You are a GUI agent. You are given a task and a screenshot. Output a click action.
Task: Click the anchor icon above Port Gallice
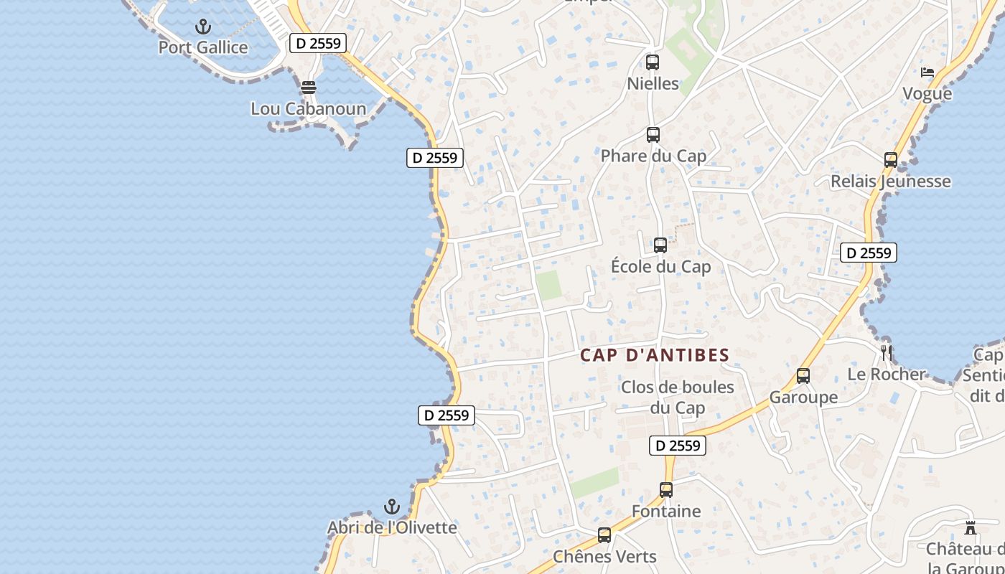(204, 27)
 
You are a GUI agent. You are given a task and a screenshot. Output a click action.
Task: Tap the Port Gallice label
(203, 48)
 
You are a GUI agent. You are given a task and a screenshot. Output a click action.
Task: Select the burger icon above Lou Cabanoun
(309, 88)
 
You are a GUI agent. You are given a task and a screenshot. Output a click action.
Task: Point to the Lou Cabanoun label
(308, 109)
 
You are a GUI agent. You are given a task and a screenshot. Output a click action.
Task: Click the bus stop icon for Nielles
(653, 62)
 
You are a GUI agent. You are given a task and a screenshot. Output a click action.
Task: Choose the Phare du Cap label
(653, 156)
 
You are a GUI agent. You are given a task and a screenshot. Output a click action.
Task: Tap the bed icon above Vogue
(927, 72)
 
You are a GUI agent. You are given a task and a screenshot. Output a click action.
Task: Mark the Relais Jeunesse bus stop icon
(891, 160)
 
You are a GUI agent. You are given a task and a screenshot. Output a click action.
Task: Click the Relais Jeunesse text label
(891, 182)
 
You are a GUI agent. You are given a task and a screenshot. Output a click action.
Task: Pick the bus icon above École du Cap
(660, 245)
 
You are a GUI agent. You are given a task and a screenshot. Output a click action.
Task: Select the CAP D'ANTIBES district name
(655, 355)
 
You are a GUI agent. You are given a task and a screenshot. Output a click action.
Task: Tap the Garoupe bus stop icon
(803, 376)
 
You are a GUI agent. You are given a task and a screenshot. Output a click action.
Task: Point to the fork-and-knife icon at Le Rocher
(887, 353)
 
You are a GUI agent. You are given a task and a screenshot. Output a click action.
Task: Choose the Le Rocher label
(887, 375)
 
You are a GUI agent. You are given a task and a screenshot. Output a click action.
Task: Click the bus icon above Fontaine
(666, 490)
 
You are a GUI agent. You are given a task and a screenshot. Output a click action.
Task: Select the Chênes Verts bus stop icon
(604, 535)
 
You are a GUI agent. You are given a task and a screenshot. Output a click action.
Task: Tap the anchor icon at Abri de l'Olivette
(392, 507)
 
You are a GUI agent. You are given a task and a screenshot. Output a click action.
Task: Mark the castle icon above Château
(971, 528)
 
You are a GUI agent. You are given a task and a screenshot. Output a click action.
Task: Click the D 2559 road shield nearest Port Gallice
(318, 43)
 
